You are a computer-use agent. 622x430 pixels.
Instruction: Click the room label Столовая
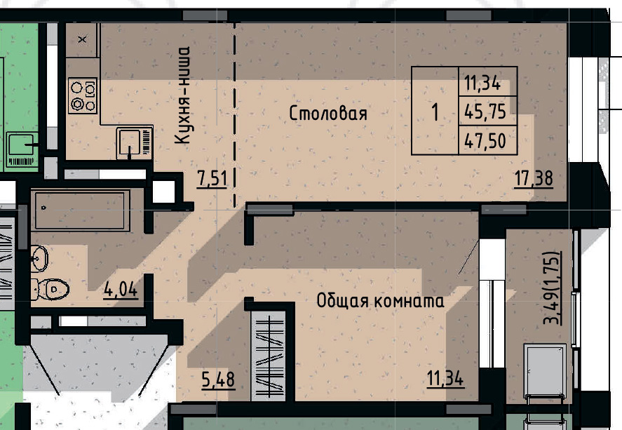328,114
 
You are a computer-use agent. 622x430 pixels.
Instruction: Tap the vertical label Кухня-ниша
183,96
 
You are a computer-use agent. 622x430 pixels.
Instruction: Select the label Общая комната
380,302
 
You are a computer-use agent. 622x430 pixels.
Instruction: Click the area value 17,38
534,178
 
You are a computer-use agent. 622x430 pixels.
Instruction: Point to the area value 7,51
212,178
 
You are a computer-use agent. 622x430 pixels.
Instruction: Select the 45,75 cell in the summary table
485,111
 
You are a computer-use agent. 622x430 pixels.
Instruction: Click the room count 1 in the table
435,111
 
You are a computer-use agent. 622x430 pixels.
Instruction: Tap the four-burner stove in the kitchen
84,96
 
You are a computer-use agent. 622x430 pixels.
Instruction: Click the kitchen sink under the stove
133,142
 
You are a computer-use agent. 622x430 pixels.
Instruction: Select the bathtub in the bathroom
79,210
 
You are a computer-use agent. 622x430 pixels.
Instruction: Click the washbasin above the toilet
40,258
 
